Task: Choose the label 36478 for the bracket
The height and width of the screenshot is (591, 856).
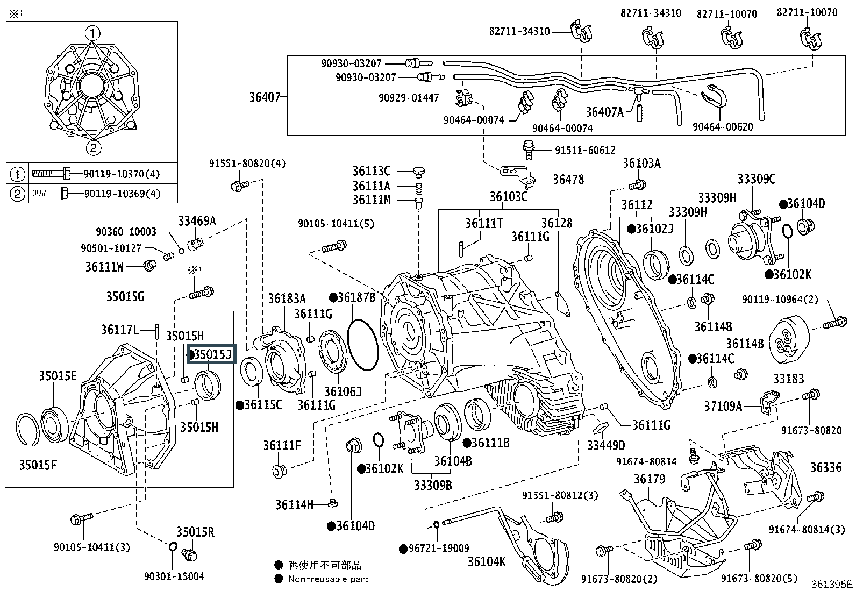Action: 568,180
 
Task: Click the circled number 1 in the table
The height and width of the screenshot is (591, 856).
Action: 17,174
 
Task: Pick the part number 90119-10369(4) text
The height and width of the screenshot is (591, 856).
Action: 122,194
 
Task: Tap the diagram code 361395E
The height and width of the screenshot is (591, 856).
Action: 832,584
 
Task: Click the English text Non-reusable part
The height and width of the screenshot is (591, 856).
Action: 328,579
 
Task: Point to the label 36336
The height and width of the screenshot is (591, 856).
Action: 826,467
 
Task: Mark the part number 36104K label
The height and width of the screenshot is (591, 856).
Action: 487,562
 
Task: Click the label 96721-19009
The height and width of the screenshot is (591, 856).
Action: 438,549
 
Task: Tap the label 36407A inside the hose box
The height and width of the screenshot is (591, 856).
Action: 604,112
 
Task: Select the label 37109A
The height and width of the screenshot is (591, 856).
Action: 723,406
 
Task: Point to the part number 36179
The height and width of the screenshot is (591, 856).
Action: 649,479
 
